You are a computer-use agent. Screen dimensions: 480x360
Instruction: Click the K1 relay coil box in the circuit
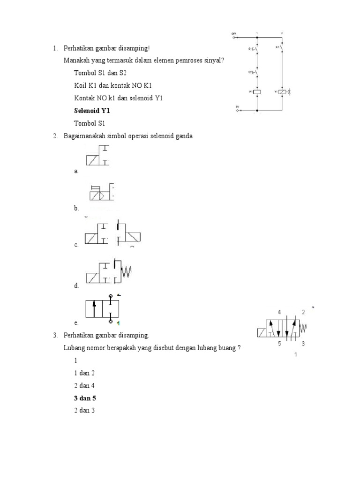(x=257, y=92)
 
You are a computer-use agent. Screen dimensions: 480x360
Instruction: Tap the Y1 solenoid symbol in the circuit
(x=282, y=92)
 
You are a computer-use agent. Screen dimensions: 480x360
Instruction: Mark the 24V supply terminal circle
(x=233, y=37)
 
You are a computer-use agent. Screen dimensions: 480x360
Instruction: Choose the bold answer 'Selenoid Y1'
(x=92, y=111)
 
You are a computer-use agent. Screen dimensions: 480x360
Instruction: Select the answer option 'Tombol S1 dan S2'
(x=100, y=73)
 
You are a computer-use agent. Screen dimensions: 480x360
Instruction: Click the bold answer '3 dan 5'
(x=85, y=398)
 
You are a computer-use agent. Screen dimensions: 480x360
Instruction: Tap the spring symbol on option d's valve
(x=127, y=271)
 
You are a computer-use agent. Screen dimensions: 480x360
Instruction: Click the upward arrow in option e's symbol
(x=94, y=309)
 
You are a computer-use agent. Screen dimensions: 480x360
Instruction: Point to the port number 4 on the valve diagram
(x=279, y=312)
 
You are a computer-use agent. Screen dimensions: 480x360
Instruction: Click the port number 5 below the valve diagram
(x=279, y=344)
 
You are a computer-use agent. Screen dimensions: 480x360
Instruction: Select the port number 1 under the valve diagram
(x=295, y=355)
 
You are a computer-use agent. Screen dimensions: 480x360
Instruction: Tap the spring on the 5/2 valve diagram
(x=303, y=326)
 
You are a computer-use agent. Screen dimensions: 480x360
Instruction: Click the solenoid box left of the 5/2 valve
(x=262, y=333)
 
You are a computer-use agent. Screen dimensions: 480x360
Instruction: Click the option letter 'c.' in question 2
(x=76, y=245)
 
